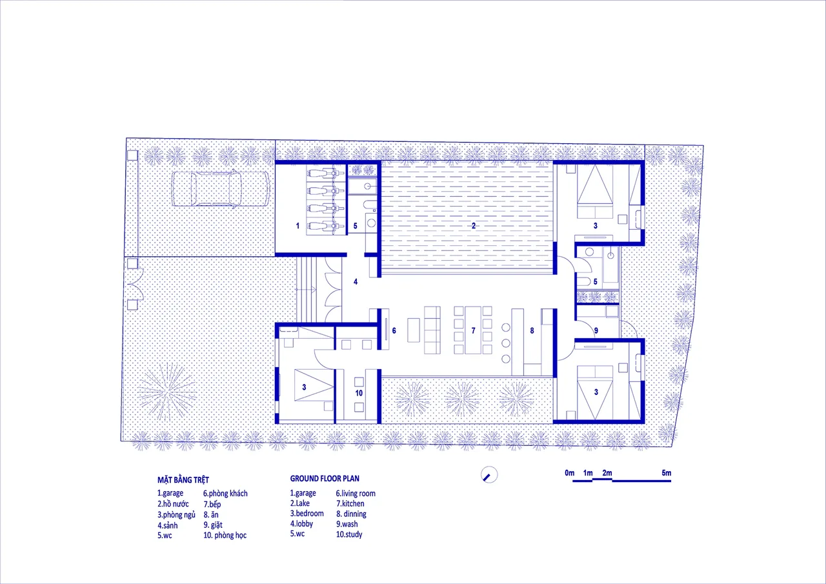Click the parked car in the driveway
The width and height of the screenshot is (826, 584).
[221, 189]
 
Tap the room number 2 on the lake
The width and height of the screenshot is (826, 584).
[474, 226]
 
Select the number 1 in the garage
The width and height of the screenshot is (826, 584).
[297, 226]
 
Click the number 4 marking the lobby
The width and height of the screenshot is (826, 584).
[356, 282]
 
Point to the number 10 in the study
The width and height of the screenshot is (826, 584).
[359, 393]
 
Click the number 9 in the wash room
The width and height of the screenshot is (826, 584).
[596, 330]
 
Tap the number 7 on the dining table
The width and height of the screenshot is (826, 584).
[474, 330]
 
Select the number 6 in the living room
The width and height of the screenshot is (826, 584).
[394, 330]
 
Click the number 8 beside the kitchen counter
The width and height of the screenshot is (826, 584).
[532, 330]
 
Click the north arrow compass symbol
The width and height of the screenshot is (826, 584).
[489, 475]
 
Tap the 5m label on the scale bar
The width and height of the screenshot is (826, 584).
[667, 472]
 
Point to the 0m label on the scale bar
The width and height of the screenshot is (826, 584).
[569, 472]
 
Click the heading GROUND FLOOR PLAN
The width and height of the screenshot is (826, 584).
[325, 479]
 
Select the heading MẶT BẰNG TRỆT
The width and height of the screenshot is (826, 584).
[183, 479]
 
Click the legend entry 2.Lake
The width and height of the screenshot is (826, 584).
[300, 503]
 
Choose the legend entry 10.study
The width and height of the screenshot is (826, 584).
[349, 534]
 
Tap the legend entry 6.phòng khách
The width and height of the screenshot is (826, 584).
[225, 493]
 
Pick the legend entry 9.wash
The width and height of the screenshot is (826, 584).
[347, 524]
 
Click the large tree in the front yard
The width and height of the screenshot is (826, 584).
[167, 392]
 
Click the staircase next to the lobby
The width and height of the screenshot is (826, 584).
[307, 290]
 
